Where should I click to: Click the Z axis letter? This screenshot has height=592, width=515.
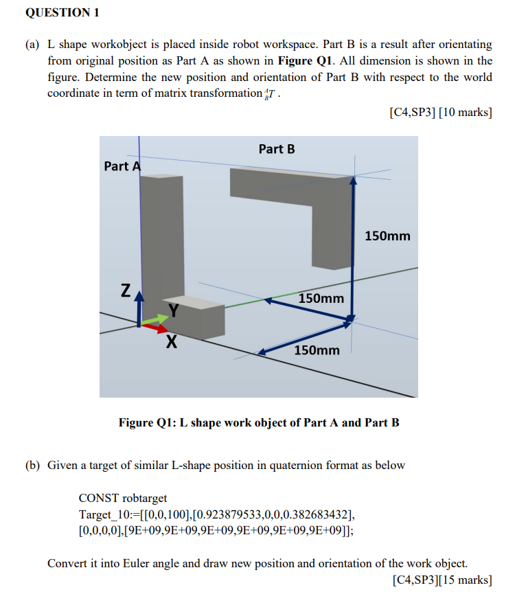[x=126, y=291]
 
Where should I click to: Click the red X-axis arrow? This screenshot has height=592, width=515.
[x=155, y=328]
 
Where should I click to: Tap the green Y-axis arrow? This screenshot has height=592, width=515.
[x=156, y=319]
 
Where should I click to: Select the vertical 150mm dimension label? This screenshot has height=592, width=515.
[x=387, y=236]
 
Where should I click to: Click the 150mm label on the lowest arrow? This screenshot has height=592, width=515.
[x=317, y=350]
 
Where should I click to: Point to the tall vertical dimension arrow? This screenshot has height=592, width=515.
[x=353, y=247]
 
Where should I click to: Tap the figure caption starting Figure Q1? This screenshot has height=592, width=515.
[x=259, y=422]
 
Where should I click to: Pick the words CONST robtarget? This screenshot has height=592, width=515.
[x=123, y=498]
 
